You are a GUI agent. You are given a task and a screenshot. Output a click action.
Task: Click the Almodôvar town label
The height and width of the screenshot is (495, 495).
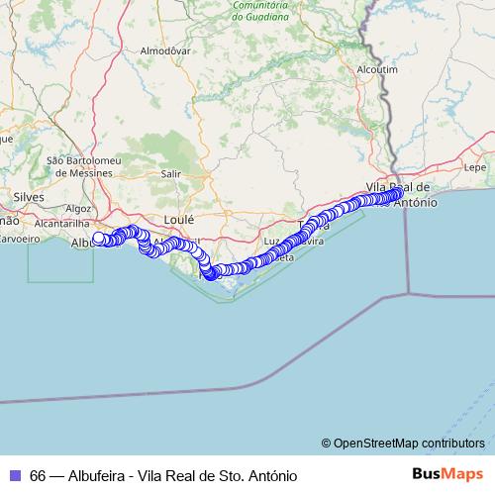click(165, 49)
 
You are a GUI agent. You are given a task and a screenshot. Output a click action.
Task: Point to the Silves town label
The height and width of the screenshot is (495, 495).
click(30, 197)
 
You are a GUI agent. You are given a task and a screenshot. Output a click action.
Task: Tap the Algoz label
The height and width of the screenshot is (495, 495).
click(78, 209)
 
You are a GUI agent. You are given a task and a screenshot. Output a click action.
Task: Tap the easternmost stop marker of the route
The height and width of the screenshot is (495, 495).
click(398, 194)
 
